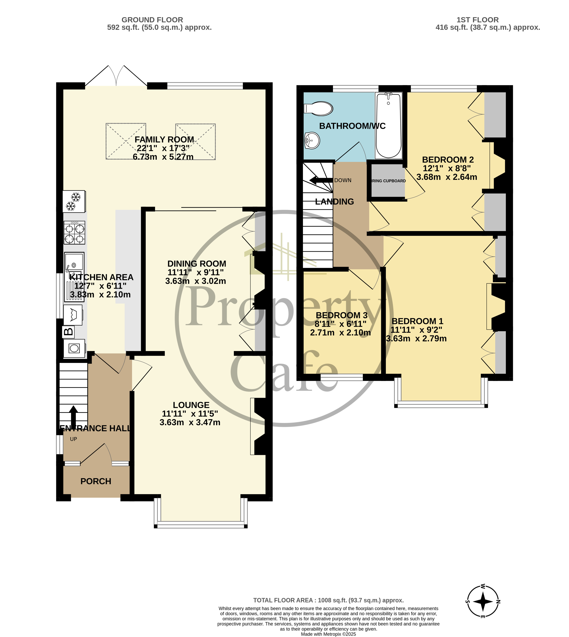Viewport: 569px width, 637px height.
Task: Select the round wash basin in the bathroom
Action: click(x=312, y=140)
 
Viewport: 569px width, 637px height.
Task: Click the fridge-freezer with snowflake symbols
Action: click(x=74, y=201)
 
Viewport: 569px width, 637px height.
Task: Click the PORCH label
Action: click(x=96, y=481)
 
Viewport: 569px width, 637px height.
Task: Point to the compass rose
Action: click(x=483, y=601)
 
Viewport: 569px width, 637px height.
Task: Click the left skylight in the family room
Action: click(x=126, y=141)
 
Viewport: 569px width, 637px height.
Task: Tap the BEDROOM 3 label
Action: click(x=341, y=315)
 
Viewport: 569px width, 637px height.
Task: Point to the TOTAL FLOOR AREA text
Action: click(x=328, y=600)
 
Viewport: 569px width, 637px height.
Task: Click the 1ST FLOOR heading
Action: click(x=477, y=20)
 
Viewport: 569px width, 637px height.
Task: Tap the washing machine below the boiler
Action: click(x=74, y=348)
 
